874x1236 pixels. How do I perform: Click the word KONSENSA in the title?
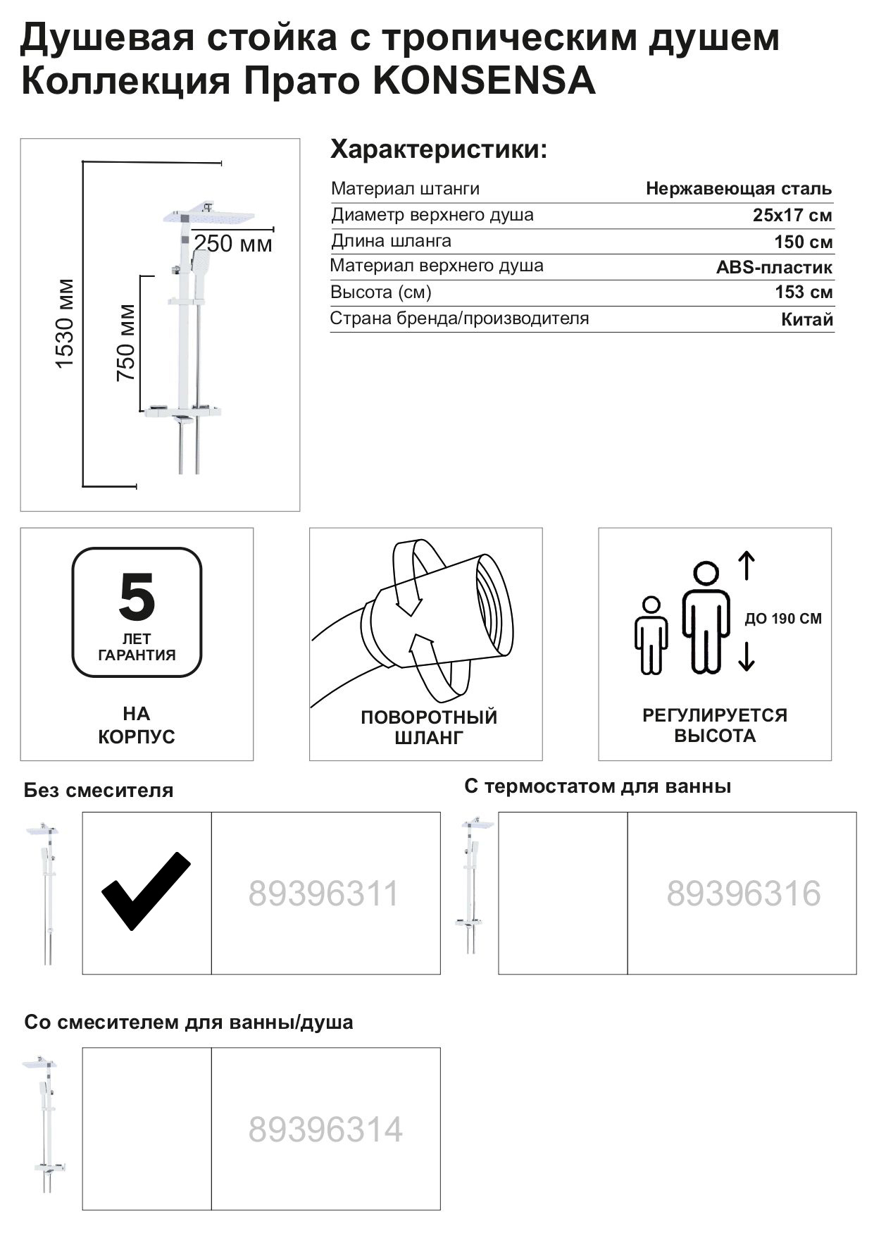(483, 81)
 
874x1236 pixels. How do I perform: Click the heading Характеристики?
(438, 150)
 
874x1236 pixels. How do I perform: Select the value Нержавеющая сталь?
(738, 189)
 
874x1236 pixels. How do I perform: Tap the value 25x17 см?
(792, 215)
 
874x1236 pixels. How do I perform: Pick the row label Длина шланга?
(391, 241)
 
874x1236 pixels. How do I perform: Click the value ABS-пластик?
(774, 267)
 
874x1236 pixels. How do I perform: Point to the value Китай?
(806, 319)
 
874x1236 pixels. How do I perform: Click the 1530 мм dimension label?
(65, 323)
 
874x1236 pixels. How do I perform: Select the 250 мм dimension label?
(232, 244)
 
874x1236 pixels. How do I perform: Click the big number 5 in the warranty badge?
(137, 597)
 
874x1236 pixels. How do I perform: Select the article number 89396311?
(323, 894)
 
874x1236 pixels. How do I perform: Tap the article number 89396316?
(743, 894)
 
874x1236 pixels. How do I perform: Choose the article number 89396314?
(325, 1129)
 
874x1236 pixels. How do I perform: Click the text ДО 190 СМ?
(782, 619)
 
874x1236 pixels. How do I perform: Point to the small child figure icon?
(651, 635)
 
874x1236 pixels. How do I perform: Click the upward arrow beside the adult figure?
(747, 565)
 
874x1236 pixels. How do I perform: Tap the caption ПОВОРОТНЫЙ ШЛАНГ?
(428, 727)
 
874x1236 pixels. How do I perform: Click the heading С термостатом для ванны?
(597, 786)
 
